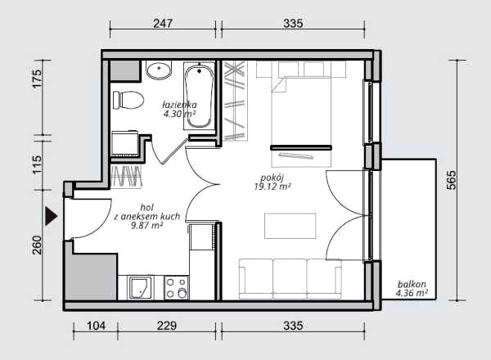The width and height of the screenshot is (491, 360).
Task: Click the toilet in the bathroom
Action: point(128,100)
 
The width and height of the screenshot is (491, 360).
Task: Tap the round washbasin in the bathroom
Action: point(159,70)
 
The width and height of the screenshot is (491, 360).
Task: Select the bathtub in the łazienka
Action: point(199,96)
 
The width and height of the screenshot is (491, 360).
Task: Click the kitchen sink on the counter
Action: point(140,288)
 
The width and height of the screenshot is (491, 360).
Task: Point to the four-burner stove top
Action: point(176,288)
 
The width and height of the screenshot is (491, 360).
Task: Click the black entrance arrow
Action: point(51,216)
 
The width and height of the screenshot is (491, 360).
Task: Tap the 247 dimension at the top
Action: point(163,24)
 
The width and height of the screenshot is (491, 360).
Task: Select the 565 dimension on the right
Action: point(451,180)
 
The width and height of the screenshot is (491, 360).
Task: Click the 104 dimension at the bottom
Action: point(96,326)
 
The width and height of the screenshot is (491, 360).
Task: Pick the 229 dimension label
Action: point(167,326)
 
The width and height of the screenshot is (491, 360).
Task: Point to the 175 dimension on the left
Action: point(37,79)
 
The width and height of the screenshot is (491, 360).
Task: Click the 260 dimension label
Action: point(37,245)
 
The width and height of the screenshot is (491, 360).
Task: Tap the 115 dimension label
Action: point(37,164)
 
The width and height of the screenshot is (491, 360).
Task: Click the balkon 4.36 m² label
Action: point(412,289)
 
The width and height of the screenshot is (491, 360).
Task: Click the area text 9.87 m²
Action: point(146,225)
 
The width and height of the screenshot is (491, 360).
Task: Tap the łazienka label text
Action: point(179,105)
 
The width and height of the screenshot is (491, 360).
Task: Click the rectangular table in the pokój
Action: point(290,226)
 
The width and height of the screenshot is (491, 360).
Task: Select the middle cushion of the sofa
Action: point(290,279)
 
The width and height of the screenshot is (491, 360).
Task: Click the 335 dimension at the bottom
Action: point(293,326)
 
